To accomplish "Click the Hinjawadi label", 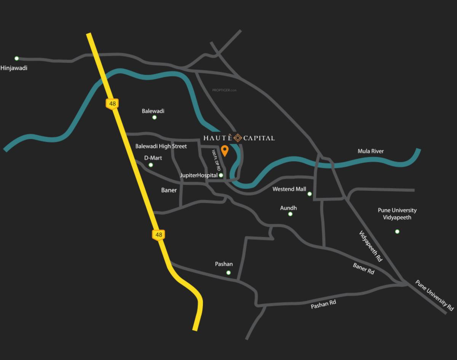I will (x=14, y=68).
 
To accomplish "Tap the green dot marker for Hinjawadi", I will (x=17, y=58).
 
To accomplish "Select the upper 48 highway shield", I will (x=112, y=104).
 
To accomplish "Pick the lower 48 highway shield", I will (x=159, y=235).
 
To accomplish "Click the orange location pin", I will (x=225, y=150).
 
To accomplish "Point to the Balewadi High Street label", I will (x=161, y=146).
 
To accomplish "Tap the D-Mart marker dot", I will (x=151, y=165).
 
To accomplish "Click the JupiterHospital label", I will (x=198, y=176).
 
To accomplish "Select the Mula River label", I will (x=371, y=151).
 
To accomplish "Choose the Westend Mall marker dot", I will (x=310, y=194).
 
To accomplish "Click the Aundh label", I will (x=288, y=208).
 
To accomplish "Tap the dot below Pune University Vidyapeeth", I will (x=397, y=232).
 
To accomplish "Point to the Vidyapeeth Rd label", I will (x=371, y=246).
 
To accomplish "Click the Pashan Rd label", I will (x=323, y=304).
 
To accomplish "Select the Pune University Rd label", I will (x=435, y=295).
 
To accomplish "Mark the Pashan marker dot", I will (x=228, y=272).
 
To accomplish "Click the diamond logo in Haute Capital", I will (x=238, y=138).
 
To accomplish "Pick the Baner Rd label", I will (x=363, y=269).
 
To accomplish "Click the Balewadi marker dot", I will (x=155, y=117).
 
